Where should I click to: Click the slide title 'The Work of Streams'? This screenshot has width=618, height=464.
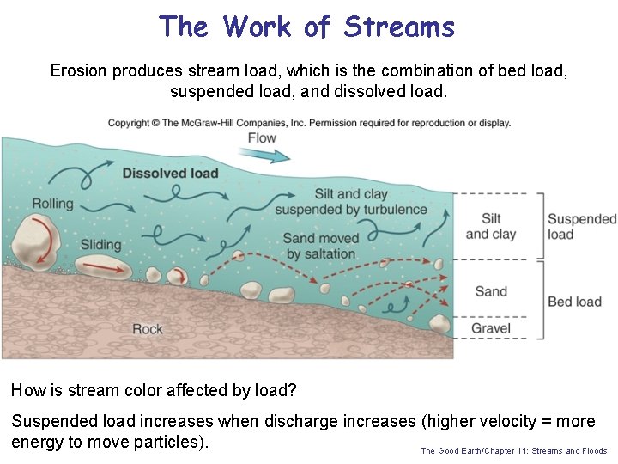(306, 27)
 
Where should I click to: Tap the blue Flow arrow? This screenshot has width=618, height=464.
(267, 156)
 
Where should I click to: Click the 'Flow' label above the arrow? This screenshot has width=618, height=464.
(262, 137)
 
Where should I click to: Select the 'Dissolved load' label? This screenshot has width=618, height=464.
(170, 173)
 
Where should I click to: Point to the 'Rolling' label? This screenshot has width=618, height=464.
(52, 204)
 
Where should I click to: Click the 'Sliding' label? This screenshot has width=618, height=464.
(101, 245)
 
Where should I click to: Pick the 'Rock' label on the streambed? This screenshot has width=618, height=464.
(148, 329)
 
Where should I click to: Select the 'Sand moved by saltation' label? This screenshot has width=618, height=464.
(321, 246)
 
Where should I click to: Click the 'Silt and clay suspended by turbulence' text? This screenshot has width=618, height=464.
(351, 202)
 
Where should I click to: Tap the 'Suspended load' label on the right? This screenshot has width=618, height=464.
(581, 227)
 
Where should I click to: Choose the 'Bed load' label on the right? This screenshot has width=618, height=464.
(574, 302)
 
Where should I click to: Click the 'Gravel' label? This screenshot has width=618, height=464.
(491, 328)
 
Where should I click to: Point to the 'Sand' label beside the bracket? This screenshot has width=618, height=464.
(491, 291)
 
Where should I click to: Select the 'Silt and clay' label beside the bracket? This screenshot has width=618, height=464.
(491, 226)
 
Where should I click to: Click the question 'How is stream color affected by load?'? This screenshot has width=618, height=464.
(154, 391)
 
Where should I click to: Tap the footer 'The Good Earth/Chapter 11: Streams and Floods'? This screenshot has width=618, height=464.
(513, 450)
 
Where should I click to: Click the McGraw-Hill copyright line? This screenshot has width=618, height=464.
(309, 123)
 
